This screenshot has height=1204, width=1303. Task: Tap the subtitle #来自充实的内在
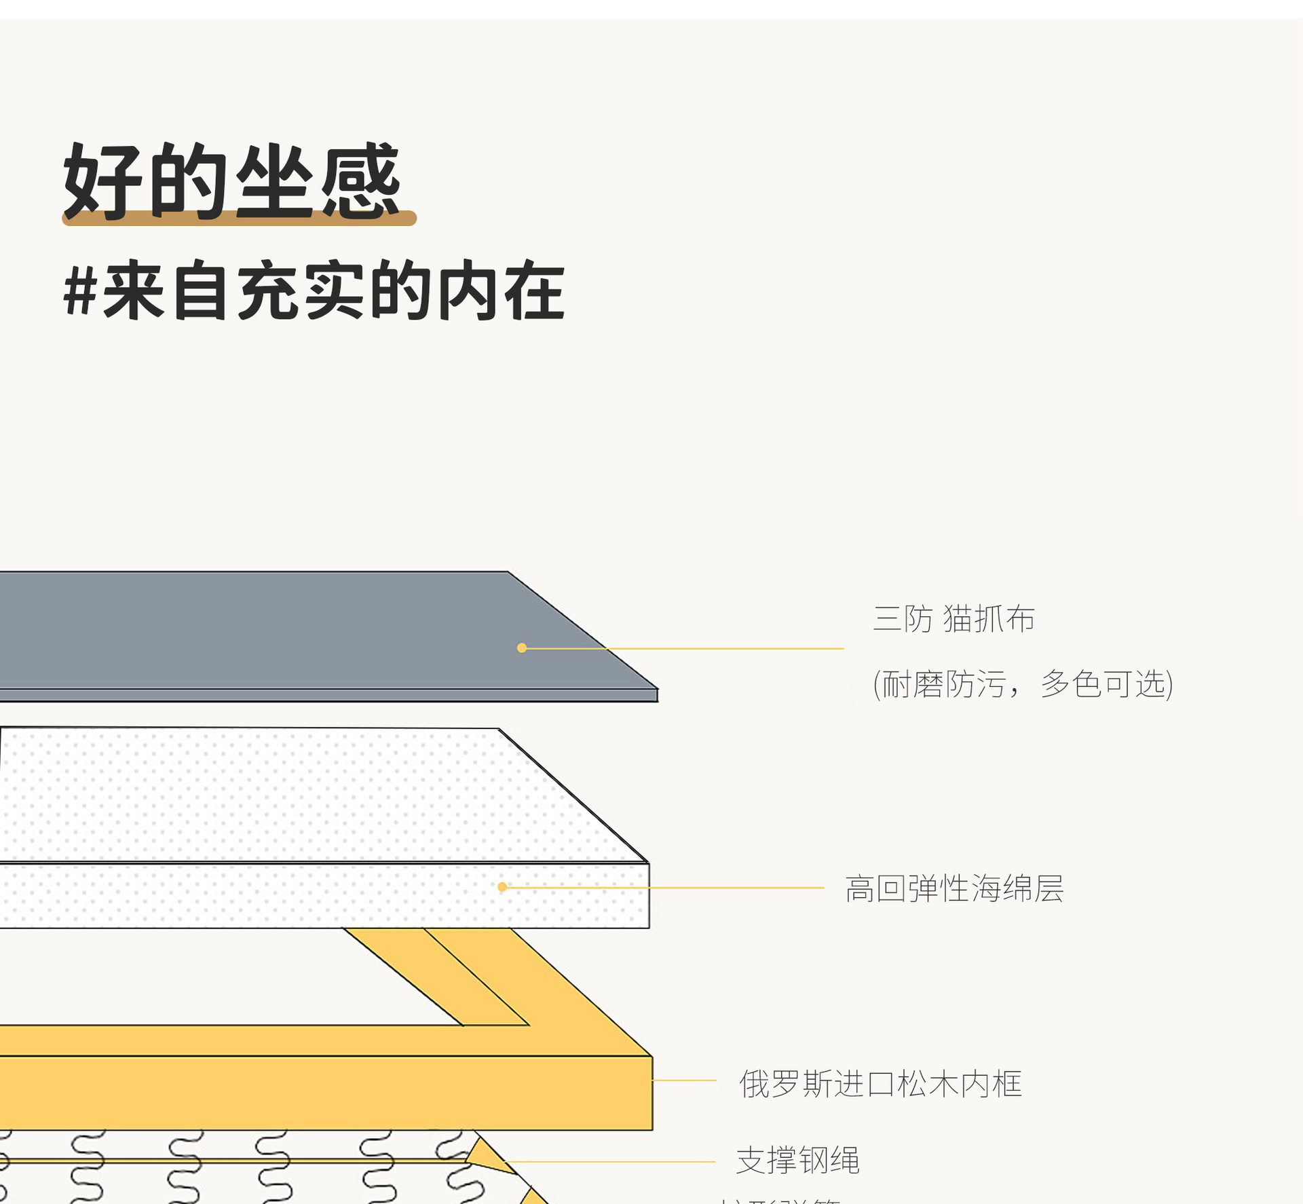pyautogui.click(x=314, y=290)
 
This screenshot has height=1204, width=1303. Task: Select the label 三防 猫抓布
pyautogui.click(x=953, y=619)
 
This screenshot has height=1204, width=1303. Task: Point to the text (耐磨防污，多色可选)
pyautogui.click(x=1023, y=683)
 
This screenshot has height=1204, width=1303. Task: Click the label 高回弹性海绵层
pyautogui.click(x=953, y=888)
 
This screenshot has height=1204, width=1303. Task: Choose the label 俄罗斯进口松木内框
pyautogui.click(x=880, y=1084)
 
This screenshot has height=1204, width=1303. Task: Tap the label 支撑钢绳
pyautogui.click(x=797, y=1160)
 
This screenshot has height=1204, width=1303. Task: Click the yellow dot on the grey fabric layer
pyautogui.click(x=522, y=648)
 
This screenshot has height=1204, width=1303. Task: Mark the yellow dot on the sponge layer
pyautogui.click(x=502, y=887)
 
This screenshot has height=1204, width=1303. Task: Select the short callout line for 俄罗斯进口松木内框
pyautogui.click(x=684, y=1080)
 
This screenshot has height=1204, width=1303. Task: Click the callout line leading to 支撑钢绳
pyautogui.click(x=611, y=1162)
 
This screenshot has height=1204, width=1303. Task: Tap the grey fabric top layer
pyautogui.click(x=271, y=628)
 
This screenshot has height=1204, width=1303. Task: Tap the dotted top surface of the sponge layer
pyautogui.click(x=271, y=794)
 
